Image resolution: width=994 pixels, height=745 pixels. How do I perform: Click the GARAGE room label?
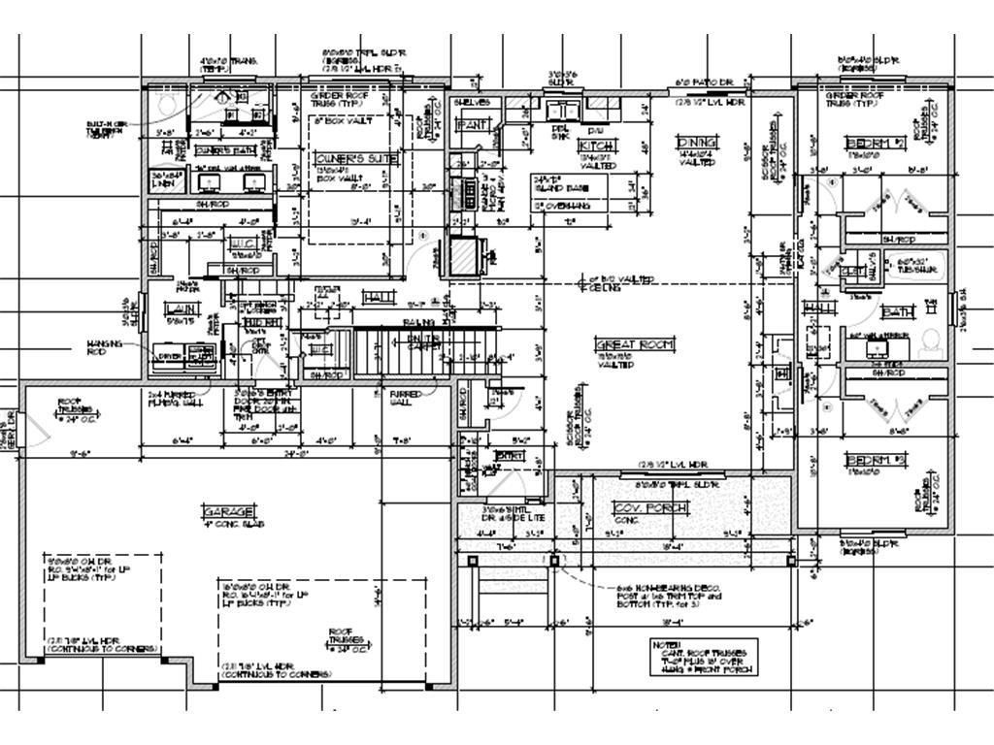tap(229, 511)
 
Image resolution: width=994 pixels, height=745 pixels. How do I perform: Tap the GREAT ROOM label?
tap(634, 344)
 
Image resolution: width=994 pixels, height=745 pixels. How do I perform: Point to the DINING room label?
tap(697, 143)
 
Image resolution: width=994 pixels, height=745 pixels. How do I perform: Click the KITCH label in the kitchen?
tap(597, 146)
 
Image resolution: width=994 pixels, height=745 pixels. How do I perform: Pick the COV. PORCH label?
tap(650, 508)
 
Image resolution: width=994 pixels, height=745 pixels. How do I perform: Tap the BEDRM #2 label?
tap(868, 144)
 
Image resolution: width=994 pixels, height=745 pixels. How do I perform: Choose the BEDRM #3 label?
tap(868, 459)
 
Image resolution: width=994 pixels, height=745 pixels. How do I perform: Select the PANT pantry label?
tap(473, 125)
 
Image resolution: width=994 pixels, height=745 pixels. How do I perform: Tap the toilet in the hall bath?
tap(930, 340)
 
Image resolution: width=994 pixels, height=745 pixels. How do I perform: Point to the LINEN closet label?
tap(166, 179)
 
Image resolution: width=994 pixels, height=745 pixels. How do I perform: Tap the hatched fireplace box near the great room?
tap(465, 258)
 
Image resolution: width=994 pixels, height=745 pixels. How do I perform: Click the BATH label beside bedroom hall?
tap(898, 312)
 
